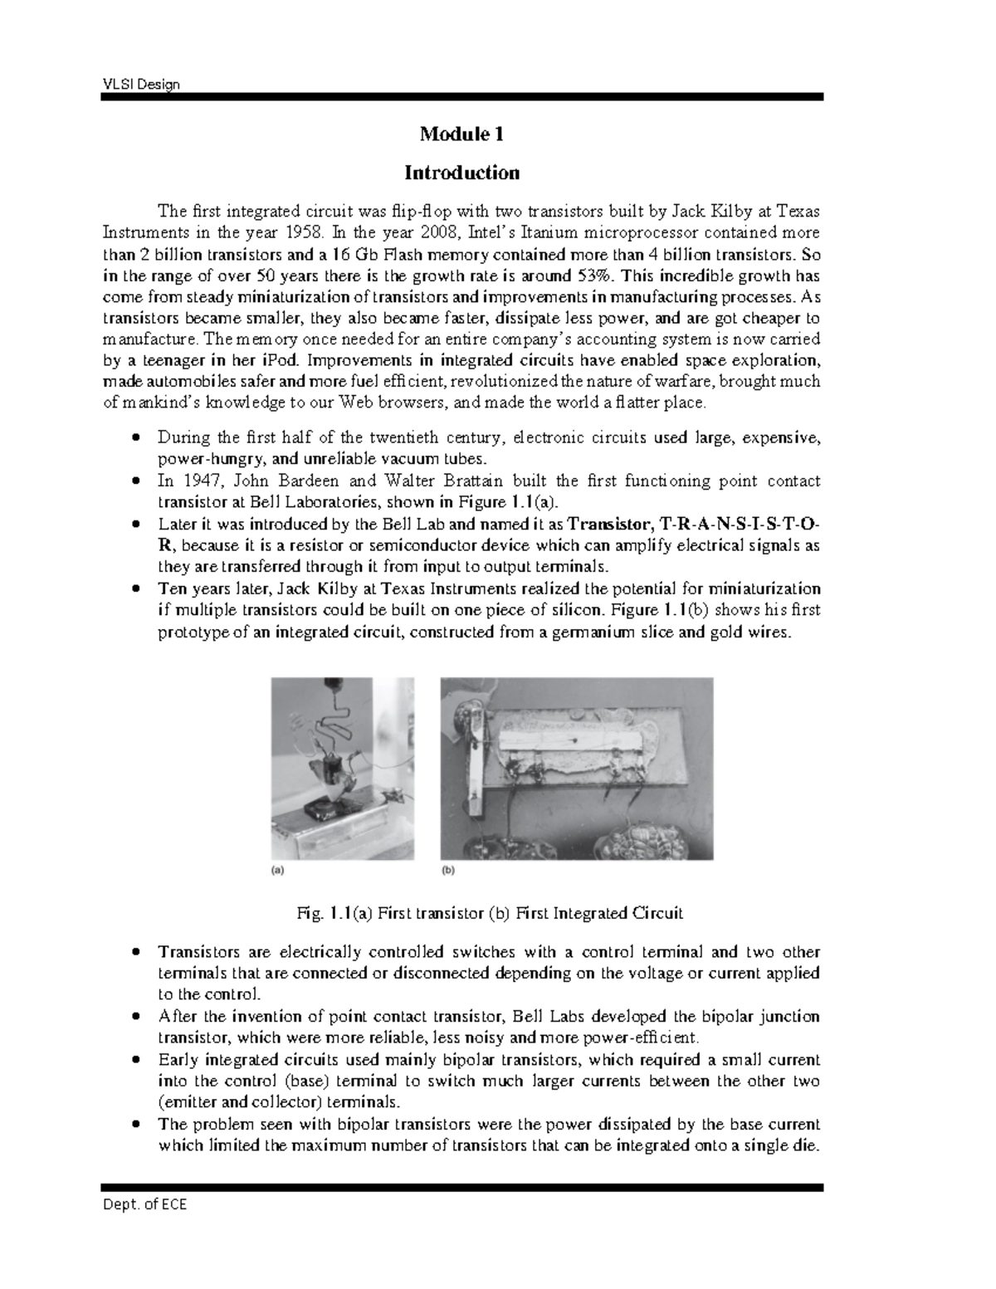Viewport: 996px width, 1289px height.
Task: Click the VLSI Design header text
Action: click(140, 85)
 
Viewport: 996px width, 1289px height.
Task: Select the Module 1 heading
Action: click(461, 134)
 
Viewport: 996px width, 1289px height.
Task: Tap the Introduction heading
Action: click(461, 173)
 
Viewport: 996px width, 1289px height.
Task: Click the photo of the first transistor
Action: click(343, 768)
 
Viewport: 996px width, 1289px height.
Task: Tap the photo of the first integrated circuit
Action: click(576, 768)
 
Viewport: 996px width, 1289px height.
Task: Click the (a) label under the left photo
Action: click(278, 871)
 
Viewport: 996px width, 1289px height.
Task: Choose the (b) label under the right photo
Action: click(448, 871)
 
